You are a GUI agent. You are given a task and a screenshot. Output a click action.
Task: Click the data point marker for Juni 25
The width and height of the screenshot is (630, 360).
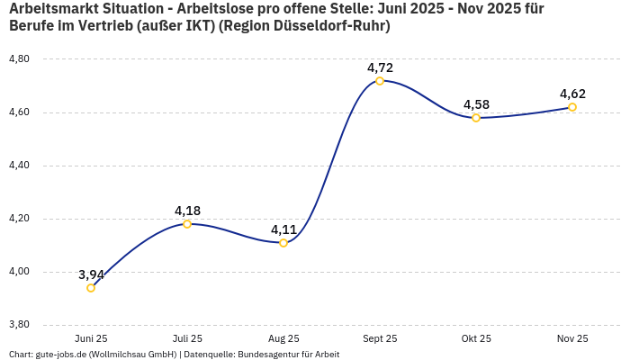tap(91, 288)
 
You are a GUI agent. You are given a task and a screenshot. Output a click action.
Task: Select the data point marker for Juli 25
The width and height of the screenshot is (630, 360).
tap(187, 224)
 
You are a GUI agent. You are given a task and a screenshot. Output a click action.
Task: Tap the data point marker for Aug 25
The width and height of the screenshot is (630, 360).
tap(283, 243)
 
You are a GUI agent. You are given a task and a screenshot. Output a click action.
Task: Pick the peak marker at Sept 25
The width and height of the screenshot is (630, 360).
tap(380, 81)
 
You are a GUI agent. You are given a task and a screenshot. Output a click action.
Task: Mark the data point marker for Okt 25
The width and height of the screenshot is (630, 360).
tap(476, 118)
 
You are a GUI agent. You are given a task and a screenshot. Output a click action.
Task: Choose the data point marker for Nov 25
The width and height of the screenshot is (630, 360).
tap(572, 107)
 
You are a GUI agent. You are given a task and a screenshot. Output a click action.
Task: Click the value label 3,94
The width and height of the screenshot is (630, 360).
tap(91, 274)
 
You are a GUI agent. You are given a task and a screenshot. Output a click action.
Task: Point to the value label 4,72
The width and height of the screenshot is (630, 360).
tap(380, 67)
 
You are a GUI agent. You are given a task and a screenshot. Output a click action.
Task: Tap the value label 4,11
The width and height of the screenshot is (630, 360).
tap(283, 229)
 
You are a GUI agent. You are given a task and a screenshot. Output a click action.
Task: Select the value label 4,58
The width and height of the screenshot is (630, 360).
tap(476, 104)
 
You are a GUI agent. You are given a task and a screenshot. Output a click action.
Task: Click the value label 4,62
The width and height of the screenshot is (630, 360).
tap(572, 94)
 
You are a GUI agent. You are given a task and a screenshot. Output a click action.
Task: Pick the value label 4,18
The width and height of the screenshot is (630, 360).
tap(187, 211)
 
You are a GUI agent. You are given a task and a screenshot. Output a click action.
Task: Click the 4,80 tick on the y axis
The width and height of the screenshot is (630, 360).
tap(19, 59)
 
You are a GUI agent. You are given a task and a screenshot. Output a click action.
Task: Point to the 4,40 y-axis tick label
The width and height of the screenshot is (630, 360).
tap(19, 166)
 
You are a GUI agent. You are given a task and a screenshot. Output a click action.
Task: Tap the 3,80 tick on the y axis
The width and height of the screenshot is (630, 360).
tap(19, 325)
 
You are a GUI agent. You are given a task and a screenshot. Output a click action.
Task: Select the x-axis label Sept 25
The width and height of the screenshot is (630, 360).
tap(380, 338)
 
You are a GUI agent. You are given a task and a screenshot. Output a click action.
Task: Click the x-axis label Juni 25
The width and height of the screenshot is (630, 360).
tap(91, 338)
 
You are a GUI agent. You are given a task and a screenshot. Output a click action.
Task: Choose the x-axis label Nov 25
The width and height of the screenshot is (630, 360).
tap(572, 338)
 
